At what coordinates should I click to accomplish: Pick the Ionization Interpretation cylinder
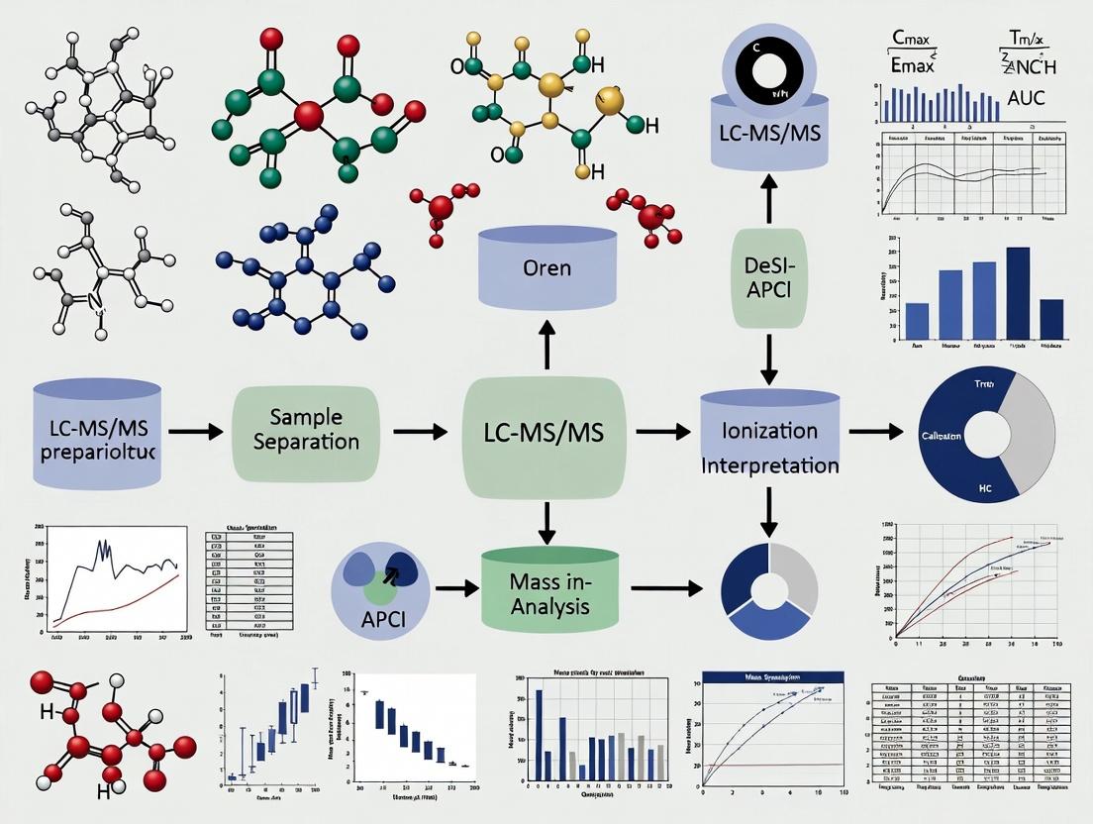tap(770, 443)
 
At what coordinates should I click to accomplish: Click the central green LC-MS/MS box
tap(545, 432)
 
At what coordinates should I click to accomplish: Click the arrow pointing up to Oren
tap(546, 345)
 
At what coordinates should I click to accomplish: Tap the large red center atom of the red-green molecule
tap(309, 116)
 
